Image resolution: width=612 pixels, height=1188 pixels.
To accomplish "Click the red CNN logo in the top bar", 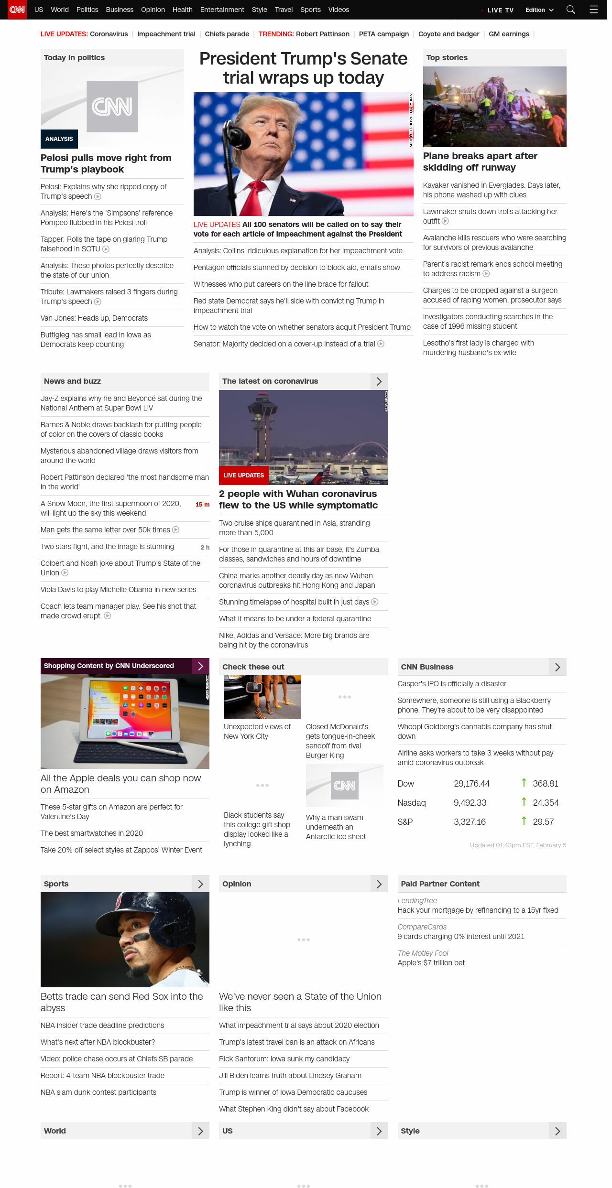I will point(17,10).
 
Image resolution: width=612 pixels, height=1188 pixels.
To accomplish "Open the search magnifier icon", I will point(570,10).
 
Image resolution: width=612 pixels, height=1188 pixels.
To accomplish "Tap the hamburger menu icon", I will point(594,10).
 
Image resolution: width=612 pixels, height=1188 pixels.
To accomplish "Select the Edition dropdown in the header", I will point(539,10).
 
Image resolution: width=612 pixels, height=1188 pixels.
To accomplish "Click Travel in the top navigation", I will point(284,10).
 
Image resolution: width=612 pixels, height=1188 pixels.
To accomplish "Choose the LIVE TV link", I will point(500,10).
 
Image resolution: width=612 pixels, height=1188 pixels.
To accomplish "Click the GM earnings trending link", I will point(509,34).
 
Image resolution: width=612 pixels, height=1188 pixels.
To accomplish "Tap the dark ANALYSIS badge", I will point(59,139).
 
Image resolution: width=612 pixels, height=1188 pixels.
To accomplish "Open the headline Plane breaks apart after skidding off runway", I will point(480,162).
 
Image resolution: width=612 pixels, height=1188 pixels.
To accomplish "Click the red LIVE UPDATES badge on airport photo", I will point(244,475).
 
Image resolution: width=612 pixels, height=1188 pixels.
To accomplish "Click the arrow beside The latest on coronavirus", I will point(379,381).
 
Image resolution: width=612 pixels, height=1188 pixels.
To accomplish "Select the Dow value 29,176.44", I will point(471,784).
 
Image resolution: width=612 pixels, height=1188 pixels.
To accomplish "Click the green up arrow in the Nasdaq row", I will point(524,802).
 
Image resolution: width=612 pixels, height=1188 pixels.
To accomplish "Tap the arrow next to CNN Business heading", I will point(557,667).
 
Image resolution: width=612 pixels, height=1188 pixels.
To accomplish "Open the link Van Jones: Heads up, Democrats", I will point(94,318).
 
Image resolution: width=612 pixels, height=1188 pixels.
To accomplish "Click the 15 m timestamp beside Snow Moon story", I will point(202,505).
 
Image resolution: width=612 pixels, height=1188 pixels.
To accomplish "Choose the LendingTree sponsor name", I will point(417,901).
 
